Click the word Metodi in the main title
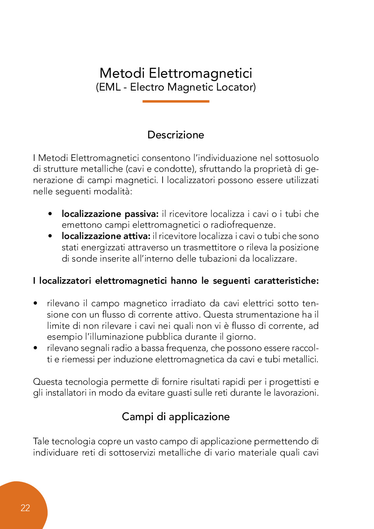pyautogui.click(x=122, y=73)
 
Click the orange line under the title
pyautogui.click(x=176, y=101)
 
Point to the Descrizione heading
pyautogui.click(x=176, y=135)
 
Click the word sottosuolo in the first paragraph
pyautogui.click(x=297, y=158)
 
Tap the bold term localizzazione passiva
pyautogui.click(x=110, y=214)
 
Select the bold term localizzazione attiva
pyautogui.click(x=106, y=236)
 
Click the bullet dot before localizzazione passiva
pyautogui.click(x=50, y=214)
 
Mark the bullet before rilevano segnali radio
pyautogui.click(x=35, y=348)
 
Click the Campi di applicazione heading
pyautogui.click(x=176, y=417)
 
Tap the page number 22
pyautogui.click(x=25, y=508)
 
